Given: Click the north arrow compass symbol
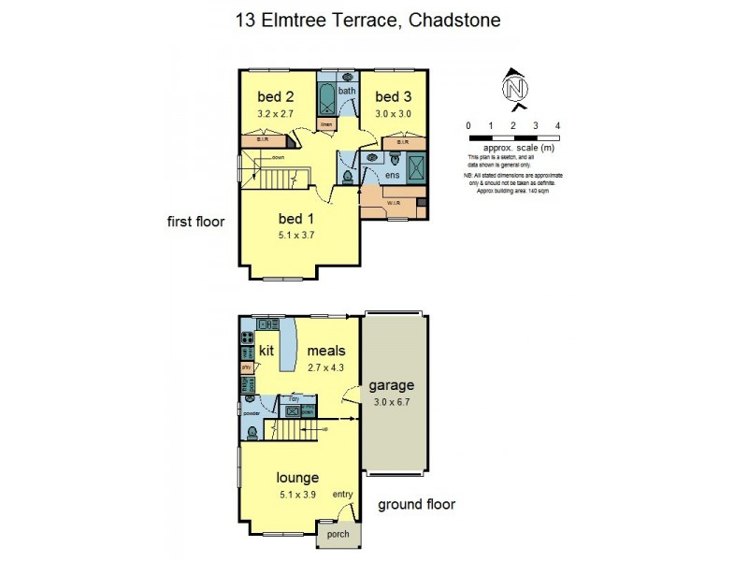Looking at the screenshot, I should [x=512, y=86].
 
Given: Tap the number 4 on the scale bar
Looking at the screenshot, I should [x=557, y=125].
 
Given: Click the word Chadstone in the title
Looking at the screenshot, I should [x=453, y=20].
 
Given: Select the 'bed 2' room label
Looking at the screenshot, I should [x=276, y=96].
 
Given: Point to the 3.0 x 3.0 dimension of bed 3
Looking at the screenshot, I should [x=394, y=113].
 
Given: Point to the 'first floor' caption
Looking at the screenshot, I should [x=195, y=222].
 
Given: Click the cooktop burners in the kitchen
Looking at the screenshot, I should [x=249, y=338].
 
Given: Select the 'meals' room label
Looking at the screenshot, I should [x=326, y=351].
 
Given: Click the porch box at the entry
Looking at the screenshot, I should [x=338, y=535].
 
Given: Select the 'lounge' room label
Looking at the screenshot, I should [x=298, y=478].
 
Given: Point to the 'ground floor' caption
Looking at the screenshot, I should [x=416, y=505].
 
